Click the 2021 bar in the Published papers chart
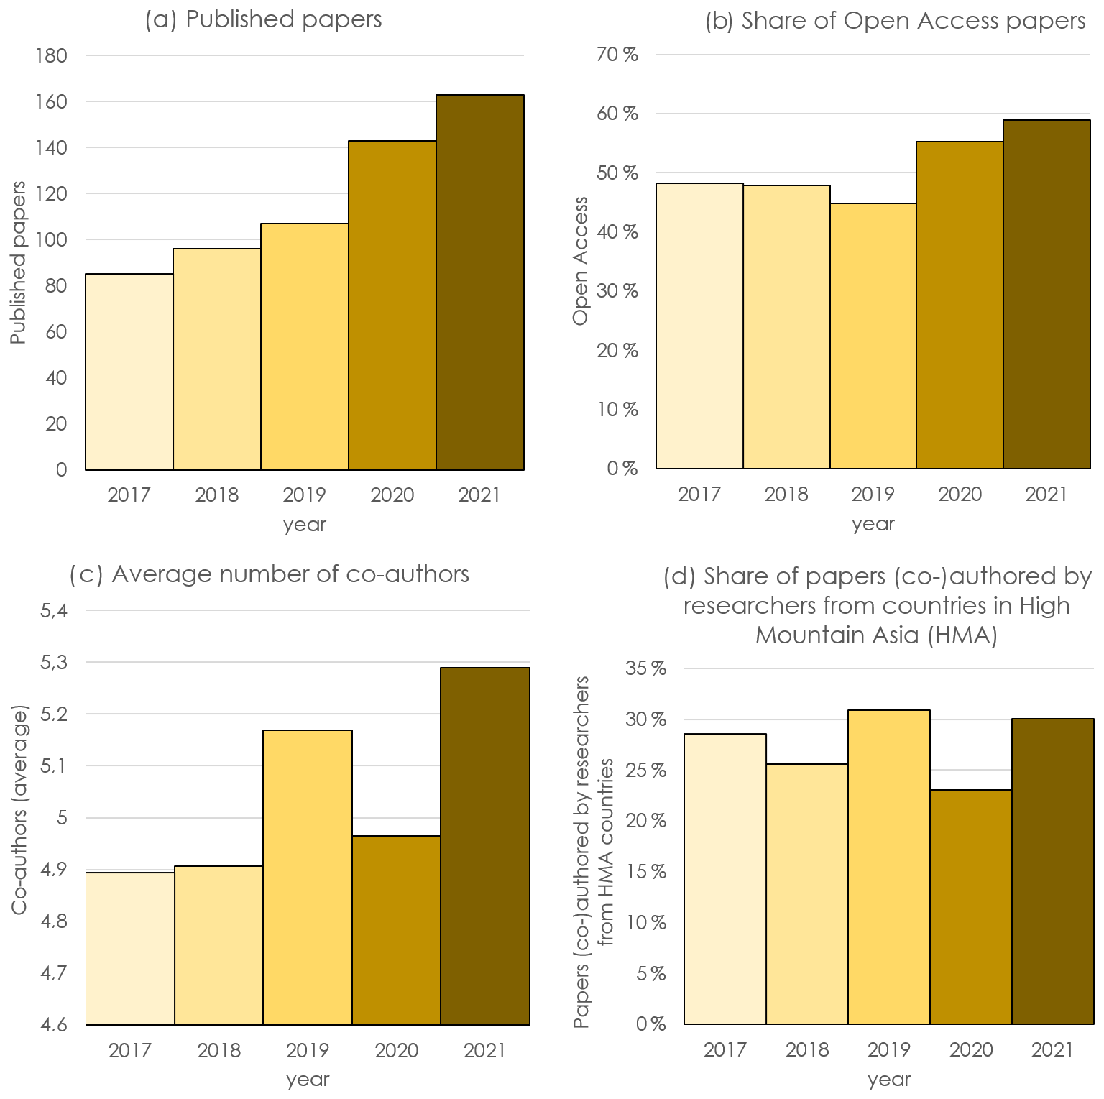479,282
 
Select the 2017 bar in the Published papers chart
129,372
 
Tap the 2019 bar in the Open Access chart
873,336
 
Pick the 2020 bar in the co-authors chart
396,930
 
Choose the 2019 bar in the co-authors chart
308,877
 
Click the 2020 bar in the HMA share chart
970,906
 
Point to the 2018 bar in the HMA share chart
807,893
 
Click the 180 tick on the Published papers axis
51,55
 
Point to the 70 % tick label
617,55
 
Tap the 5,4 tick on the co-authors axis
54,611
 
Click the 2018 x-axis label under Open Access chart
786,495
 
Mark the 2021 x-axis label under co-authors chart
484,1050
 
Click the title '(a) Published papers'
263,19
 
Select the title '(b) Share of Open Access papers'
895,21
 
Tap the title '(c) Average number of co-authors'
270,574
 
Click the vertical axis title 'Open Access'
581,260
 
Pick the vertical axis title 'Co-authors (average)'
19,811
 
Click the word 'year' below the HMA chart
889,1079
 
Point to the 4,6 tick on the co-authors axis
54,1024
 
